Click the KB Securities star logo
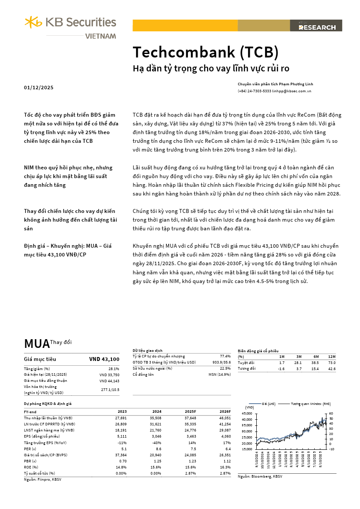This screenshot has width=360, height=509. pyautogui.click(x=33, y=22)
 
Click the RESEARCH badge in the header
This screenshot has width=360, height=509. pyautogui.click(x=317, y=27)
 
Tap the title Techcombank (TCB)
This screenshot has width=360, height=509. pyautogui.click(x=205, y=52)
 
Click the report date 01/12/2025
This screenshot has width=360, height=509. pyautogui.click(x=39, y=88)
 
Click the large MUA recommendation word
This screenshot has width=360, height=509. pyautogui.click(x=37, y=344)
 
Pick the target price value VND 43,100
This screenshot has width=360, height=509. pyautogui.click(x=104, y=359)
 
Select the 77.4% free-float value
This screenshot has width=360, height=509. pyautogui.click(x=225, y=356)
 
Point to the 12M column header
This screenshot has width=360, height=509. pyautogui.click(x=332, y=357)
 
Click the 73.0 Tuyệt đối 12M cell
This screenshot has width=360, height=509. pyautogui.click(x=333, y=363)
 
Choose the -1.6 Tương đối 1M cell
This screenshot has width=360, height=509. pyautogui.click(x=281, y=369)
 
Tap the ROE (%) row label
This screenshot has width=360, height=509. pyautogui.click(x=31, y=467)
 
